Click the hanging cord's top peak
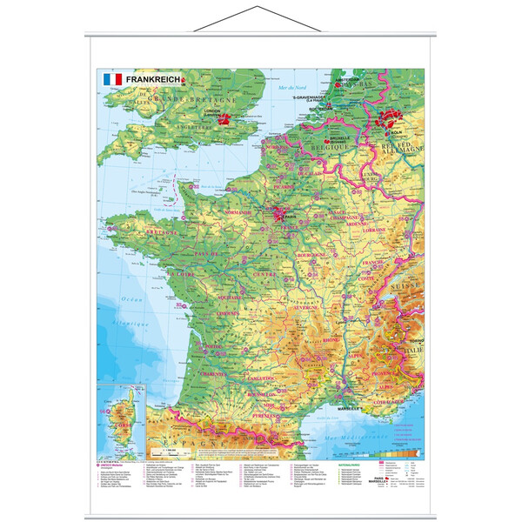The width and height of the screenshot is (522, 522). click(260, 7)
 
